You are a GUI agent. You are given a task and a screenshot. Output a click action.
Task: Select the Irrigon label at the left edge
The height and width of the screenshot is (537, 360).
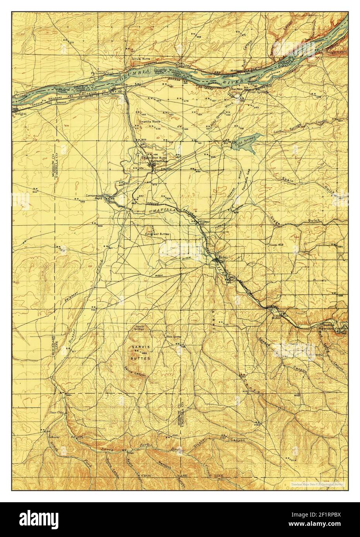(20, 114)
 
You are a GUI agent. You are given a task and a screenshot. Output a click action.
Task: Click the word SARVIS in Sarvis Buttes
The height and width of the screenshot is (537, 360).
(140, 347)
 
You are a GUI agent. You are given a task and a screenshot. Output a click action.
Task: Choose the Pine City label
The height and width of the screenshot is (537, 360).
(56, 412)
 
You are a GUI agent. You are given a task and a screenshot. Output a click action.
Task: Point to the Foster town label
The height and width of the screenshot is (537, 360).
(204, 222)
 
